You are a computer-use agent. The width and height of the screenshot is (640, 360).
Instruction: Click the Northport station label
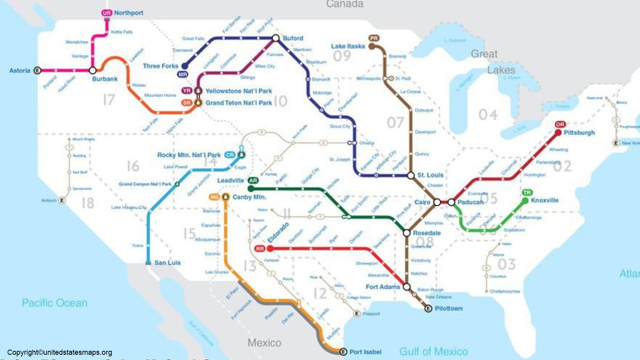tap(128, 13)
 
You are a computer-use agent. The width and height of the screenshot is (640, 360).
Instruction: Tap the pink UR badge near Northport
tap(106, 13)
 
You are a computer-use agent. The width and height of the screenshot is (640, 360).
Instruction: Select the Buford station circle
tap(276, 38)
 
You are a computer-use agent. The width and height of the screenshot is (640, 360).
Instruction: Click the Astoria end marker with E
tap(37, 70)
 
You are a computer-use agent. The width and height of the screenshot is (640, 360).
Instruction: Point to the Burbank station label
tap(105, 79)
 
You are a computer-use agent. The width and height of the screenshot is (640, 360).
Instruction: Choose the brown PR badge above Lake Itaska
tap(374, 38)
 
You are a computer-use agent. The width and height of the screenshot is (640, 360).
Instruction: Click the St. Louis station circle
tap(410, 175)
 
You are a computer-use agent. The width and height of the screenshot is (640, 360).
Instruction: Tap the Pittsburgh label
tap(579, 132)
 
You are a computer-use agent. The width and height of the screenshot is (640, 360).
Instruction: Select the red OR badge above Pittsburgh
tap(560, 124)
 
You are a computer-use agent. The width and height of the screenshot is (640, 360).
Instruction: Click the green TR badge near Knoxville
tap(527, 192)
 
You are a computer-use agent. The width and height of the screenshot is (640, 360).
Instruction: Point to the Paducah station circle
tap(451, 202)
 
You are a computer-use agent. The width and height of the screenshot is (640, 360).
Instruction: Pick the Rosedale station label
tap(426, 233)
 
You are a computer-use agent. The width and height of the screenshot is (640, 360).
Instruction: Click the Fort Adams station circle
tap(406, 287)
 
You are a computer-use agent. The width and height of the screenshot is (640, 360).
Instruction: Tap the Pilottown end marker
tap(428, 308)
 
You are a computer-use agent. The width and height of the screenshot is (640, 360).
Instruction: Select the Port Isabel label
tap(365, 352)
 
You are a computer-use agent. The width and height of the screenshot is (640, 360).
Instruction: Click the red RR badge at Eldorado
tap(260, 249)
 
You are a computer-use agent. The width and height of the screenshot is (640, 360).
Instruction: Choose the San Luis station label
tap(167, 263)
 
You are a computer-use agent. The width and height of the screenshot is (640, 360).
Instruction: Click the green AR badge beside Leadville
tap(253, 180)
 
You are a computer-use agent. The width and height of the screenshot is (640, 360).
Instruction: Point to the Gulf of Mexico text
tap(434, 352)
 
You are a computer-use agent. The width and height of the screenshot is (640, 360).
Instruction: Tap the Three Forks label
tap(160, 66)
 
